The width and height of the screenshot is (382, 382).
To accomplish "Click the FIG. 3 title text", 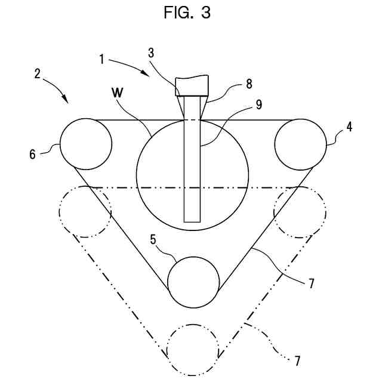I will [187, 14].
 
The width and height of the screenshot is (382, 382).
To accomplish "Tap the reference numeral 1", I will [102, 59].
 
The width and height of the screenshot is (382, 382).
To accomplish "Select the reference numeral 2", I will [38, 74].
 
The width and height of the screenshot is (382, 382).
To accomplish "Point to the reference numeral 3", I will [152, 53].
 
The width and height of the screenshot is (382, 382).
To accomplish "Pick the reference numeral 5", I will [153, 241].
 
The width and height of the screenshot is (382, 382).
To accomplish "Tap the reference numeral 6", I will [33, 153].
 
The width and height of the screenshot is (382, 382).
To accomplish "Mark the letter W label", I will [118, 93].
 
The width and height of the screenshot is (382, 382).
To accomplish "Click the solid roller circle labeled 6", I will [86, 144].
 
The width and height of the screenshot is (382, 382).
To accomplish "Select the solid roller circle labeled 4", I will [300, 144].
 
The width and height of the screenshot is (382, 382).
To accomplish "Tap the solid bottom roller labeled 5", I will [193, 282].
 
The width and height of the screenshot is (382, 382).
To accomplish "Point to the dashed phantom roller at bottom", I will [193, 350].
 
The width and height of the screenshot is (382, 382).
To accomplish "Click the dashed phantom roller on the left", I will [85, 212].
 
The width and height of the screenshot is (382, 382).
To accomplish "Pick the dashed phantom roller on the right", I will [300, 212].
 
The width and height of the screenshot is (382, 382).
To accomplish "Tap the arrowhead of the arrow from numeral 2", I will [68, 101].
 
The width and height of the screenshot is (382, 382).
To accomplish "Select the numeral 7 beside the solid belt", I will [312, 284].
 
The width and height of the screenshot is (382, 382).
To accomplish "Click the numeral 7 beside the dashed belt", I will [297, 361].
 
